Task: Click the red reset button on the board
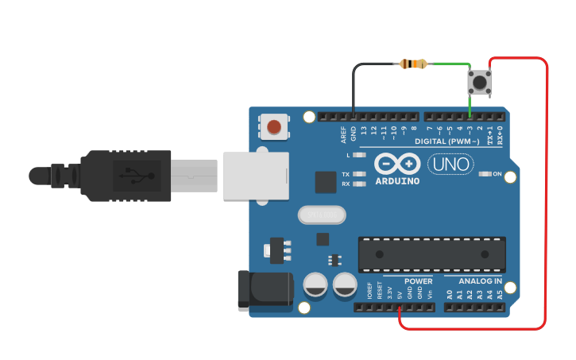274,126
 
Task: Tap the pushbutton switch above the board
480,80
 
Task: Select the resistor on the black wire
414,64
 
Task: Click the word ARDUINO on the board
397,180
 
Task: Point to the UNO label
450,165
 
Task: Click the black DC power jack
265,289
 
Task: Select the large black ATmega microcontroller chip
431,254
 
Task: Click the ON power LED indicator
497,174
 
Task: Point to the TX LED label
346,174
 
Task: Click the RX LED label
346,184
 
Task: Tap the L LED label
348,155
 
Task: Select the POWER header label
418,281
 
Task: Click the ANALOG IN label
480,281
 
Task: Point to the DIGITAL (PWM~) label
446,141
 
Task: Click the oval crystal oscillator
322,215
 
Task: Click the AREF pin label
344,134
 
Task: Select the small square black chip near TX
326,182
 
